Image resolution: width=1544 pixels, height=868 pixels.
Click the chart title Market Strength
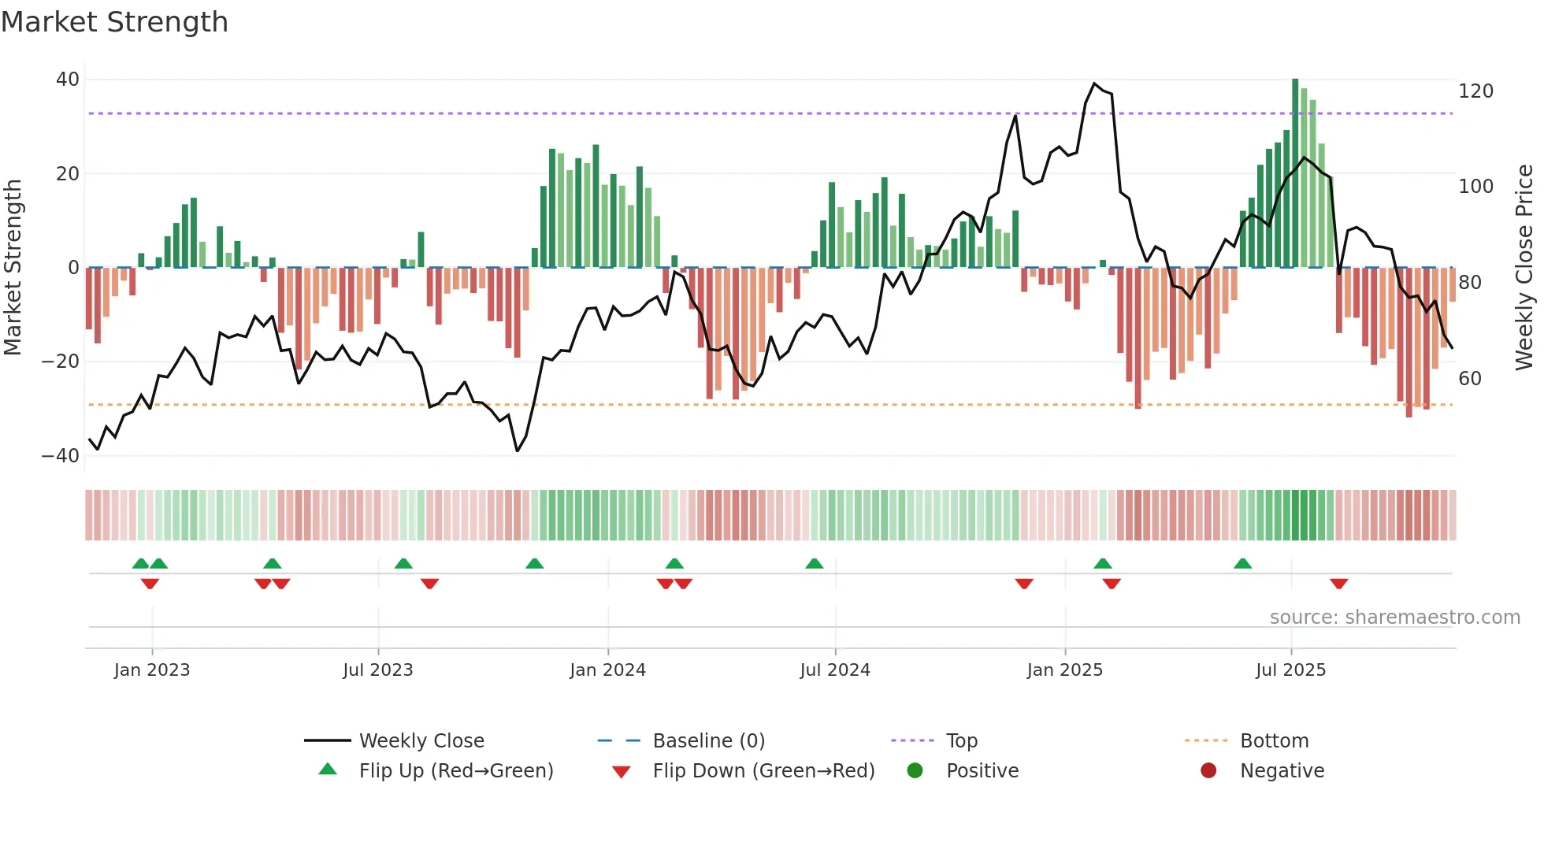(x=114, y=22)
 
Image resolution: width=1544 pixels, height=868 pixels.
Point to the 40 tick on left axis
(x=68, y=80)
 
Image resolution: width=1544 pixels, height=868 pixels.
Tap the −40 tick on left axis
(x=61, y=456)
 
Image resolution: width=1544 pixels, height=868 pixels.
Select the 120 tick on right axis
(x=1475, y=91)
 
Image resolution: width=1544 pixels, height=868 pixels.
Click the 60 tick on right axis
(x=1470, y=379)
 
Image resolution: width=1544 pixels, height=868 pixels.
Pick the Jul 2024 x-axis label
(x=834, y=670)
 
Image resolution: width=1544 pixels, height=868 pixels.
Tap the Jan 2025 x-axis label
(x=1064, y=670)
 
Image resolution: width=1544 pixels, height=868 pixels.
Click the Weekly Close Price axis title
(x=1524, y=268)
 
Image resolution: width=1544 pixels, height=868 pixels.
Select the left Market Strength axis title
(x=13, y=268)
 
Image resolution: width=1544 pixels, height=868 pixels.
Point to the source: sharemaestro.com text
(x=1394, y=618)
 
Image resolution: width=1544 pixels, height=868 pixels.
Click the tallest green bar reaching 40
(x=1295, y=173)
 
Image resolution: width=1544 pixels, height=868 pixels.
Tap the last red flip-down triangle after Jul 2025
(x=1338, y=584)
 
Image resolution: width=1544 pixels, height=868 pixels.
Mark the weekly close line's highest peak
(x=1094, y=83)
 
